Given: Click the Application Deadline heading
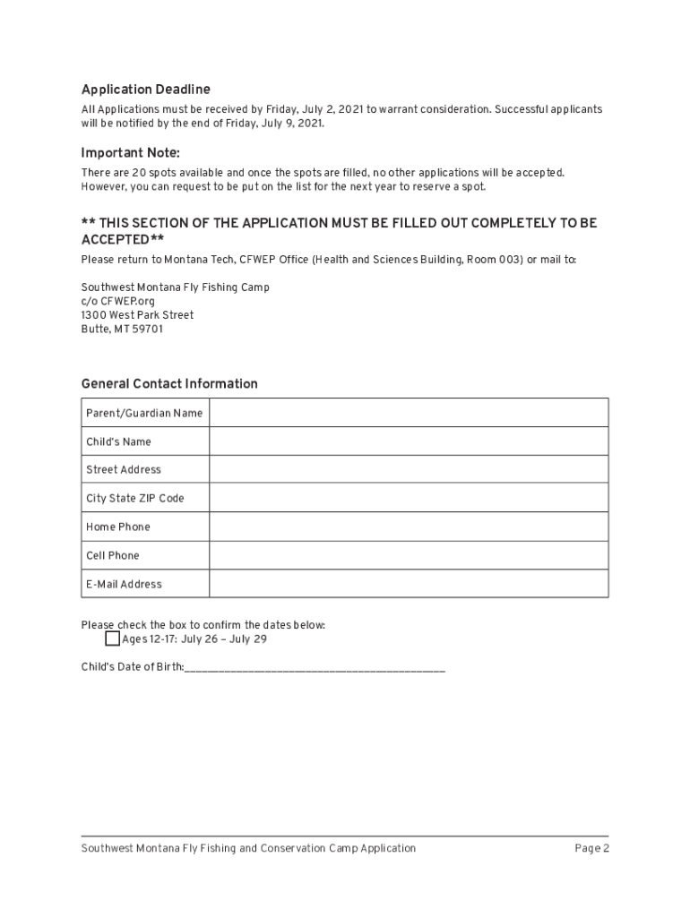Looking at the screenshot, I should pos(145,90).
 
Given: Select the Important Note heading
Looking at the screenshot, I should pos(130,153).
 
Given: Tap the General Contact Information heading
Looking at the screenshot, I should pos(169,384).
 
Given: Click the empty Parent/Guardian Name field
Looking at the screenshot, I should pos(409,413).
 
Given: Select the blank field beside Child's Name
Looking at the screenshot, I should pos(409,441).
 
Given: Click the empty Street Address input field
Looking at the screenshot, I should pos(409,469).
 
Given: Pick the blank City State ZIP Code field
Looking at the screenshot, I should pos(409,498).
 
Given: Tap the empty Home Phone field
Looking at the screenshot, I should pos(409,527).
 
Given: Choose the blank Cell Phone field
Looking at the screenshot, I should pos(409,555).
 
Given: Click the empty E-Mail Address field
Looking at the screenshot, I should pos(409,584).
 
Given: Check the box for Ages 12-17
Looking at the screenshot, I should pos(112,639).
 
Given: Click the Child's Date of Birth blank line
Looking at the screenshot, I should pos(315,668).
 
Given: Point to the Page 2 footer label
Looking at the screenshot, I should pos(591,848).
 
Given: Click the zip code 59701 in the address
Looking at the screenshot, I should pos(148,330).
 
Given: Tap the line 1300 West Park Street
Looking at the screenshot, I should pos(137,315).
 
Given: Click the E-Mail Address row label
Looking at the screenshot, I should pos(124,584).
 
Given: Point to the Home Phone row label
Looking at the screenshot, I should pos(118,527).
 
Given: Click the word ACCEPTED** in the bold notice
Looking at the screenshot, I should pos(123,240).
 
